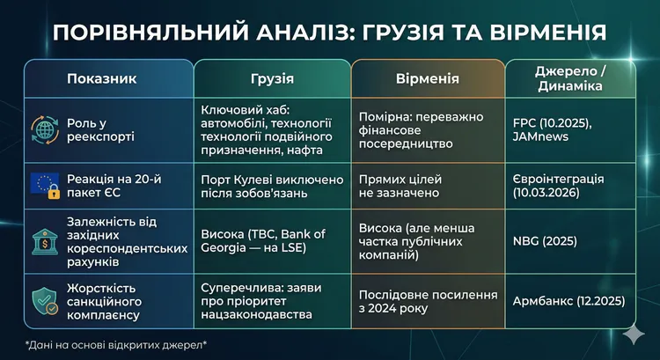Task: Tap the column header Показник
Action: (x=102, y=78)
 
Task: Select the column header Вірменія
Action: (x=427, y=78)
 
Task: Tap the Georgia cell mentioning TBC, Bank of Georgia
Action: (x=263, y=237)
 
